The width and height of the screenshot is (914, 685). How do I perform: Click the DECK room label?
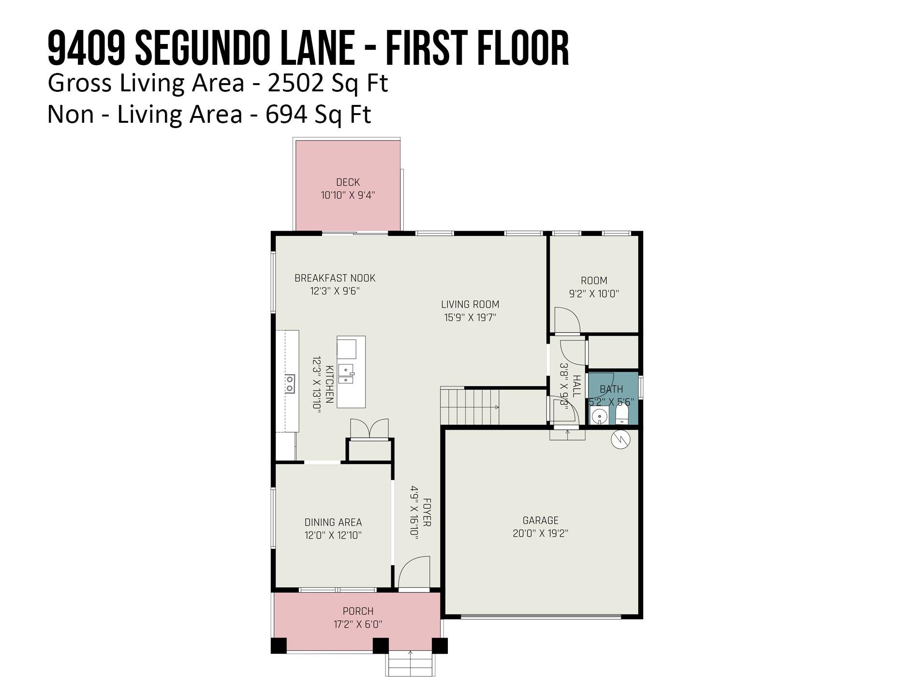tap(348, 182)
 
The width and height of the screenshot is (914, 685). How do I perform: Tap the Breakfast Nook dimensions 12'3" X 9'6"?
tap(335, 291)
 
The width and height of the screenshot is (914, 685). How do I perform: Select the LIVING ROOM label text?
tap(470, 305)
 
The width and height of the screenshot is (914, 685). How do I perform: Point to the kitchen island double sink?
tap(346, 373)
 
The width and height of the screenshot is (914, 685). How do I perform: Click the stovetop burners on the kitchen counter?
tap(290, 384)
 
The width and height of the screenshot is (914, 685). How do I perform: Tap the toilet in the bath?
tap(622, 414)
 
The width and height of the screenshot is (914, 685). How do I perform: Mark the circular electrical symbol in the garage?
tap(621, 439)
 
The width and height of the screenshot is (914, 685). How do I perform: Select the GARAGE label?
tap(541, 521)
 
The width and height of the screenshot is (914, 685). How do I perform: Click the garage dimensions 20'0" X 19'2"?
tap(541, 534)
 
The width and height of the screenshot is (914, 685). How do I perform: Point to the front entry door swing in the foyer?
tap(414, 573)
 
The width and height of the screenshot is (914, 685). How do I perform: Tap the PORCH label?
tap(358, 612)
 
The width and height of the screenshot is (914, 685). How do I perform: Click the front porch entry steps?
tap(410, 663)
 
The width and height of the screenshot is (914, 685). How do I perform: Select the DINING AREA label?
tap(333, 523)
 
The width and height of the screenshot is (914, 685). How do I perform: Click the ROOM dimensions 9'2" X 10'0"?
tap(594, 293)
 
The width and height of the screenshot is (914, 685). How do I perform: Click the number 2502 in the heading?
tap(295, 83)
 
